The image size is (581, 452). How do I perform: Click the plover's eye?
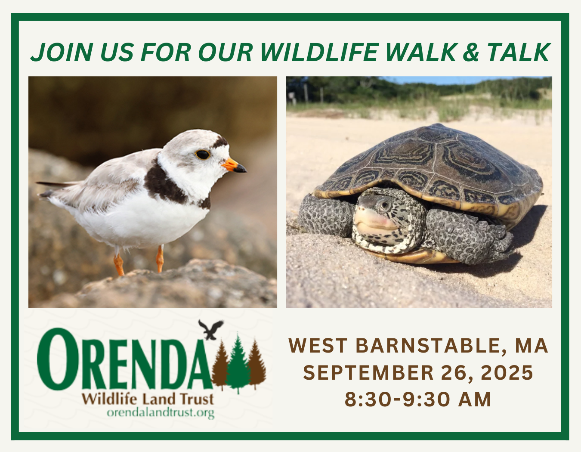(x=203, y=154)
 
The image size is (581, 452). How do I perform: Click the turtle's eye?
(x=384, y=205)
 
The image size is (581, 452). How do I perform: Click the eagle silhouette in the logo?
(x=211, y=329)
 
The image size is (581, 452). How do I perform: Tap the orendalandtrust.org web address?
(x=161, y=412)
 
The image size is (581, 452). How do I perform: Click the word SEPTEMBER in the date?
(x=368, y=372)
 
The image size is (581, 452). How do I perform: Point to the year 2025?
(x=507, y=372)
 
